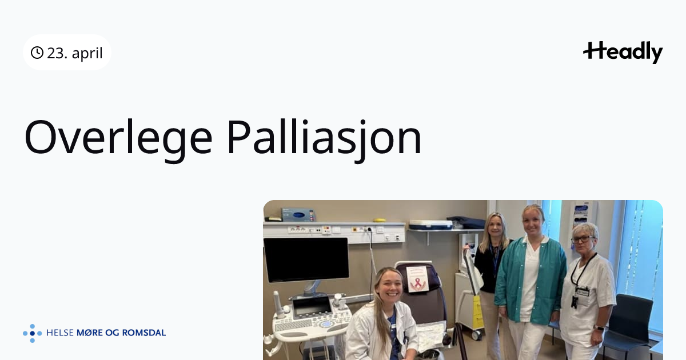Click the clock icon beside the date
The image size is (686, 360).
click(37, 53)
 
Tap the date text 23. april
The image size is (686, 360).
click(75, 53)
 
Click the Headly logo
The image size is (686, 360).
click(623, 53)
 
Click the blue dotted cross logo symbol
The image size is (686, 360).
click(33, 333)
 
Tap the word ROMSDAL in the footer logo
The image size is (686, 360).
click(144, 333)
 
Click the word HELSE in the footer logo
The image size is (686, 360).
click(59, 333)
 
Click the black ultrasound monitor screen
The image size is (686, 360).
click(306, 259)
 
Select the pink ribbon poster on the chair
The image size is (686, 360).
click(417, 279)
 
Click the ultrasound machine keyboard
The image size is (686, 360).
click(294, 325)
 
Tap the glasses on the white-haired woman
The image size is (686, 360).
click(582, 239)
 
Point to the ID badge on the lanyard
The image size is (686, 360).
click(583, 292)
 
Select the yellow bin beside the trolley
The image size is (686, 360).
click(477, 312)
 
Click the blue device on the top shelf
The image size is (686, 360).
click(298, 215)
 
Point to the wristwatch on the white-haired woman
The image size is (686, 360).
click(599, 328)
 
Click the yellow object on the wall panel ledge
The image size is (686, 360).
click(380, 220)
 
